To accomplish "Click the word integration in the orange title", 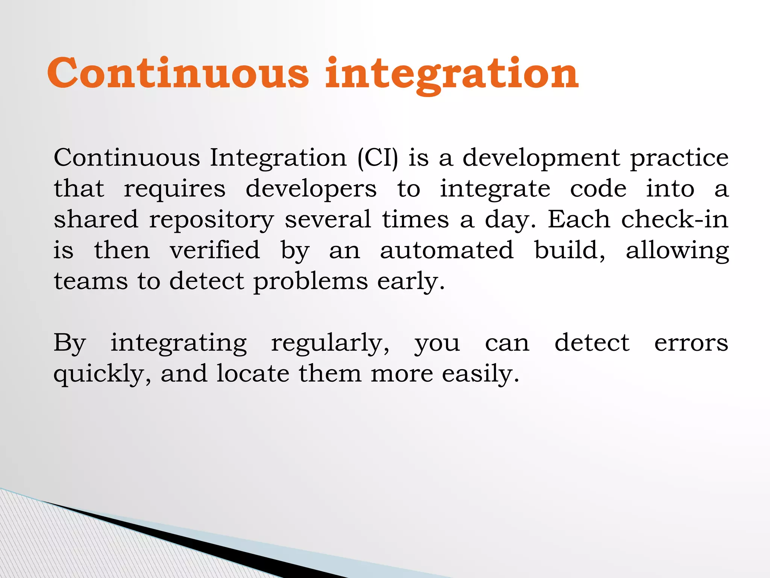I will [x=452, y=74].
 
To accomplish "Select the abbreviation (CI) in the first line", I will [x=377, y=158].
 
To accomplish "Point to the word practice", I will [x=679, y=158].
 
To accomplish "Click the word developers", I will [x=311, y=189].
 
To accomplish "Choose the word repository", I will [x=211, y=220].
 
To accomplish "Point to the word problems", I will [x=311, y=282].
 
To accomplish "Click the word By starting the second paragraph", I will [x=70, y=344].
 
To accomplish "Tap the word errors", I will [x=691, y=344].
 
